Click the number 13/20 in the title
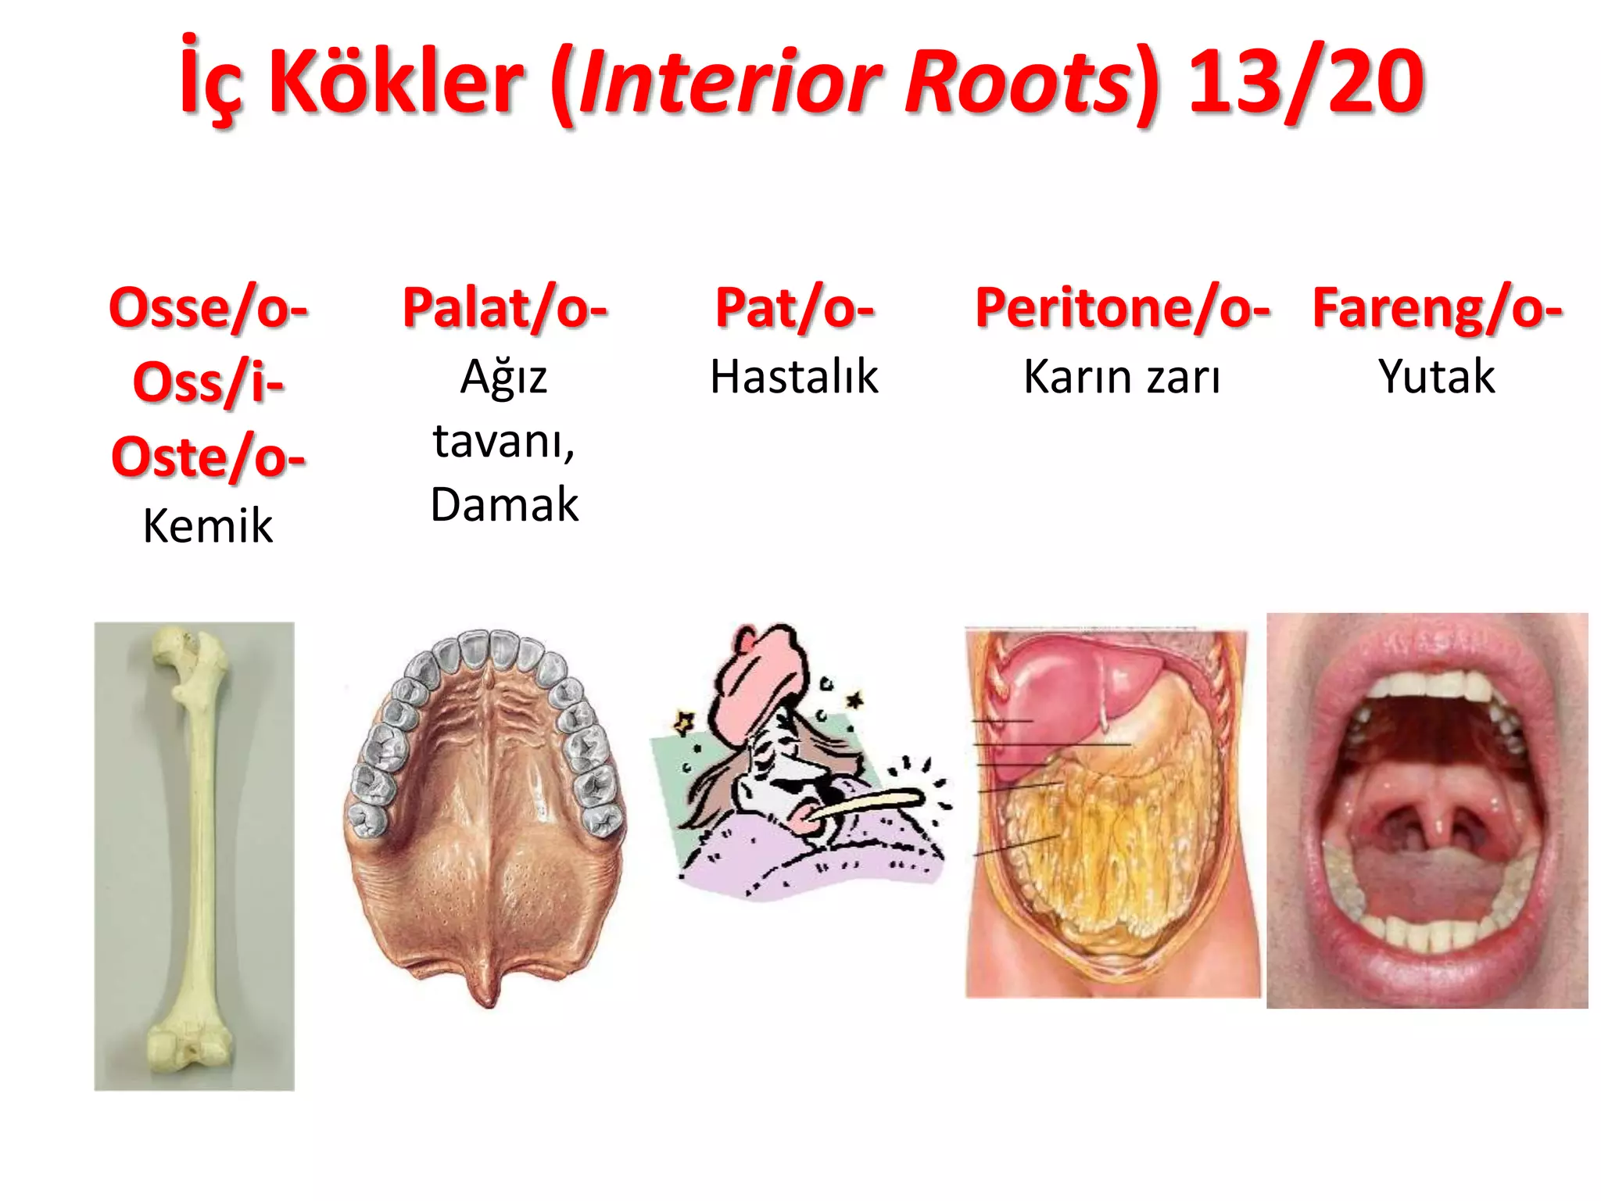pyautogui.click(x=1306, y=81)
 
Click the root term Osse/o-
pyautogui.click(x=208, y=308)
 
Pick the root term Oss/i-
pyautogui.click(x=208, y=383)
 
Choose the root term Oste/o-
pyautogui.click(x=208, y=457)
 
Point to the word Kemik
pyautogui.click(x=208, y=525)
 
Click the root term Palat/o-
pyautogui.click(x=504, y=308)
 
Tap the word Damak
pyautogui.click(x=504, y=504)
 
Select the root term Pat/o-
pyautogui.click(x=794, y=308)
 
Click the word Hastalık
pyautogui.click(x=794, y=377)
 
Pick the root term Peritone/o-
pyautogui.click(x=1123, y=308)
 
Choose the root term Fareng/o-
pyautogui.click(x=1437, y=308)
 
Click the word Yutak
pyautogui.click(x=1437, y=377)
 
